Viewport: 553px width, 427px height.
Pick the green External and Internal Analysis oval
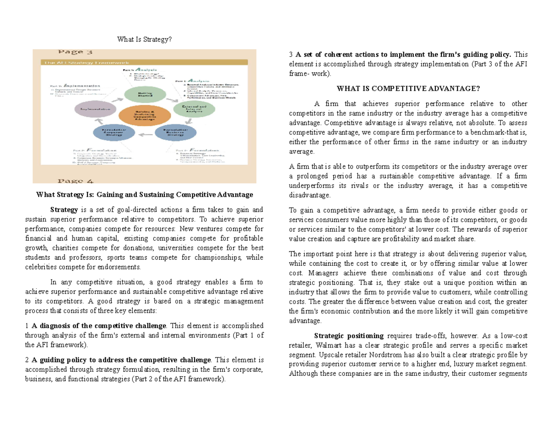pyautogui.click(x=188, y=109)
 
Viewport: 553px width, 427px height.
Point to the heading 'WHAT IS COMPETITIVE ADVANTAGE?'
pyautogui.click(x=408, y=88)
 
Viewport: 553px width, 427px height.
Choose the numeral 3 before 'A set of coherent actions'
pyautogui.click(x=291, y=55)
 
